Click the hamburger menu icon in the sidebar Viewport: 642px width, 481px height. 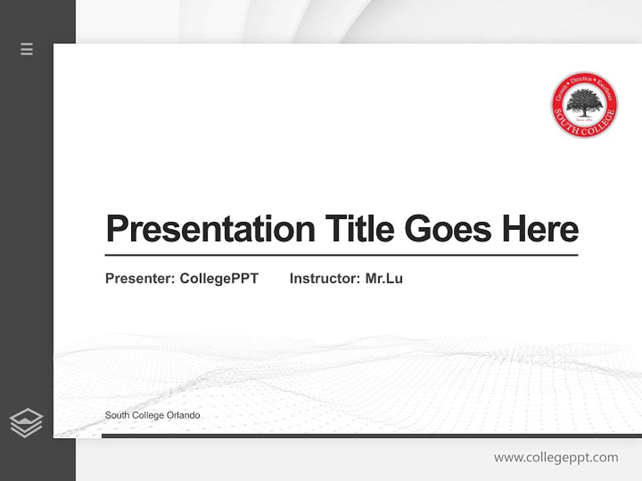tap(27, 49)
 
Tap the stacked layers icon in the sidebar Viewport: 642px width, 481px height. tap(26, 423)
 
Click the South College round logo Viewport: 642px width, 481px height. tap(584, 106)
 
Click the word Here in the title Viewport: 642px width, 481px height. tap(540, 228)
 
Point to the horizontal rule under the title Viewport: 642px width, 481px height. tap(341, 255)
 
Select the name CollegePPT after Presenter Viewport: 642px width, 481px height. tap(219, 279)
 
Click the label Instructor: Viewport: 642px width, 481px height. tap(325, 279)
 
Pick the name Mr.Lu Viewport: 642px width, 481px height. tap(384, 279)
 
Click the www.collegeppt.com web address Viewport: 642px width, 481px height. tap(556, 458)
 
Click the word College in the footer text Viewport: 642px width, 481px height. tap(146, 416)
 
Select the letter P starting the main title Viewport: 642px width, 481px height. tap(117, 229)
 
